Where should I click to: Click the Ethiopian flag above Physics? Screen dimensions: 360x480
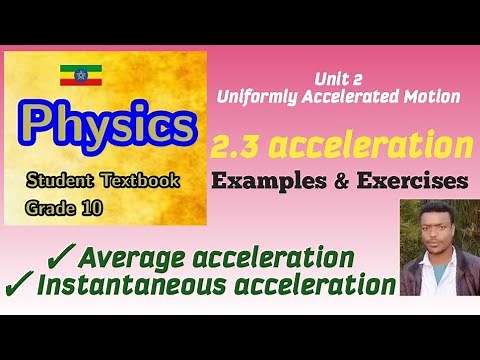pos(75,73)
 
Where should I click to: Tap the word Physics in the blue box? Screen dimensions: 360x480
pos(107,125)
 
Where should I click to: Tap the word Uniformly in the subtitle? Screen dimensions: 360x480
pos(252,97)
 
